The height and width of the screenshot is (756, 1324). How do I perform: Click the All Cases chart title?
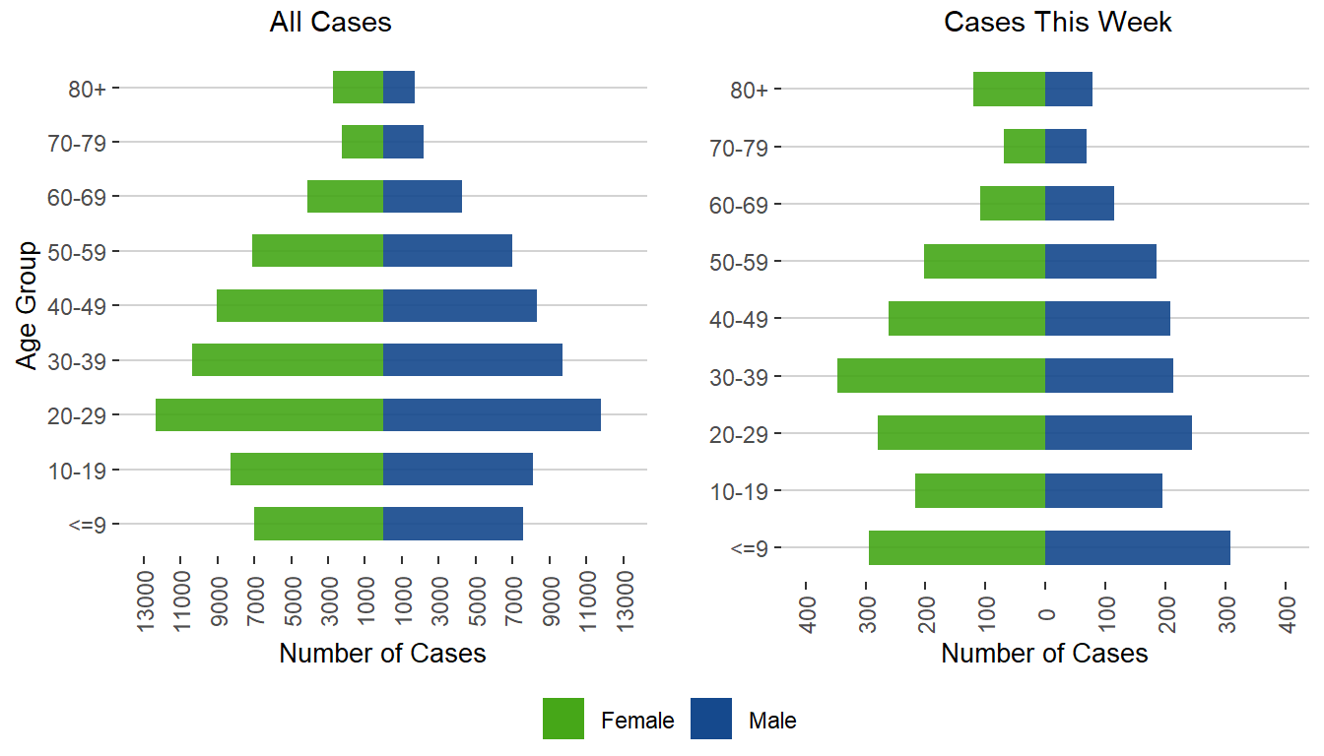(330, 23)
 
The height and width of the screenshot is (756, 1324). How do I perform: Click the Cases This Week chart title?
(1057, 23)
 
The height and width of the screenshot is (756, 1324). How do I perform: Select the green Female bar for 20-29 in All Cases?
(269, 414)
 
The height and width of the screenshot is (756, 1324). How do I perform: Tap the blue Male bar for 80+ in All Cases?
(399, 88)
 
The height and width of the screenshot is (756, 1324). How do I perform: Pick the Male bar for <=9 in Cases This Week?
(1137, 547)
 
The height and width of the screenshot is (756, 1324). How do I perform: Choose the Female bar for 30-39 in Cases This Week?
(941, 376)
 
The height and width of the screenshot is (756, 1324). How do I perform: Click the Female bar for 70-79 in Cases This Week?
(1025, 147)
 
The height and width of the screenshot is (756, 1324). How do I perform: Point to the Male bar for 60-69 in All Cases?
(423, 197)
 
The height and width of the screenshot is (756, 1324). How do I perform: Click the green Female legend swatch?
(563, 719)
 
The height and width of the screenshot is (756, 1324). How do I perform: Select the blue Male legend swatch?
(711, 719)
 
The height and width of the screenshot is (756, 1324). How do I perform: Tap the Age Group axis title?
(28, 305)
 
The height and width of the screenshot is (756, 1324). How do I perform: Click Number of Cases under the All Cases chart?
(382, 654)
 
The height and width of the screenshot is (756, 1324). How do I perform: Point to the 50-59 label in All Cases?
(83, 251)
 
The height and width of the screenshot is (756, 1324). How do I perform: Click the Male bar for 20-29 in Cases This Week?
(1118, 433)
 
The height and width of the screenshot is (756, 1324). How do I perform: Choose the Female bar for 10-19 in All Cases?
(306, 470)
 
